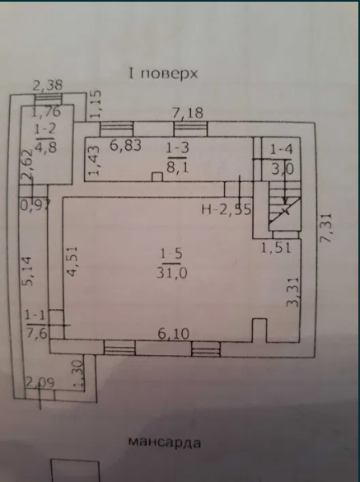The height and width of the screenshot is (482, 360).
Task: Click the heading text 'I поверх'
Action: tap(162, 73)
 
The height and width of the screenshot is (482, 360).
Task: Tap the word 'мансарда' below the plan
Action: tap(164, 442)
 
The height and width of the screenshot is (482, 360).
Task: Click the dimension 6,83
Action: tap(125, 145)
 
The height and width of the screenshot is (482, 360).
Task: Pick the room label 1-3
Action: tap(176, 147)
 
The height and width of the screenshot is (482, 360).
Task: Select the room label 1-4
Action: tap(282, 149)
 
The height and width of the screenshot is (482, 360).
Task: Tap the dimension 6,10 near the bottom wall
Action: tap(173, 333)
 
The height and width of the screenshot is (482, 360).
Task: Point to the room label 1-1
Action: tap(35, 315)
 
